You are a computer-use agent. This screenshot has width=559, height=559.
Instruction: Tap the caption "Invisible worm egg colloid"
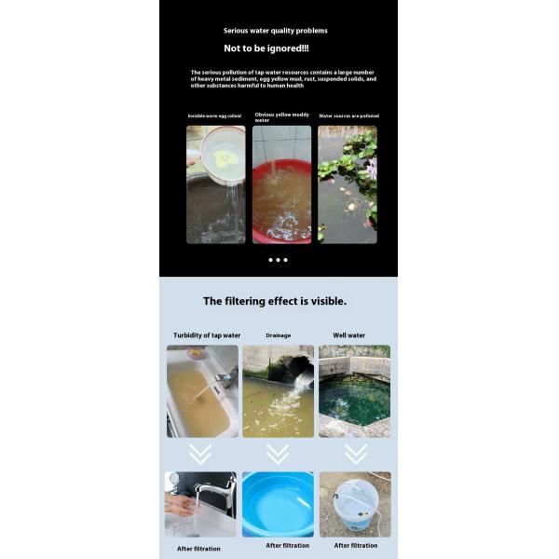216,116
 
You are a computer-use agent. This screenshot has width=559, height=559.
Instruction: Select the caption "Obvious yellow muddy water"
281,117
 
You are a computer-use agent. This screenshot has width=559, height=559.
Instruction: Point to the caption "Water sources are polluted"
348,116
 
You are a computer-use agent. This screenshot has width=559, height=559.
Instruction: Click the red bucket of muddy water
281,200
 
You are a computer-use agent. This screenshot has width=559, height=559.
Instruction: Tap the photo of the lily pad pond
348,184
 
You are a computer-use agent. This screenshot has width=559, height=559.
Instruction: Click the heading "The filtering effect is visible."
275,301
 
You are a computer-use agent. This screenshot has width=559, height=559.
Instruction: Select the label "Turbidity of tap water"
207,335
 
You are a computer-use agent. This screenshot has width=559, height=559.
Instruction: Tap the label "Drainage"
278,335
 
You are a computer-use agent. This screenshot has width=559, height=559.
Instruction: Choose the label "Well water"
348,335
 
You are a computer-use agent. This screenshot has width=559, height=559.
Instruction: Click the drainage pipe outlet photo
278,391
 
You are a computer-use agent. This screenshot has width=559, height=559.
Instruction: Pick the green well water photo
354,391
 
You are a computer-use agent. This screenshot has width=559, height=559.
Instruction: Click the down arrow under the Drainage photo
278,454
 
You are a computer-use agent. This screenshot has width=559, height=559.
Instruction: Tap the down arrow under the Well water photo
355,454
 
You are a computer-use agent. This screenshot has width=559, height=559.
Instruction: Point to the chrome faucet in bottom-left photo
216,489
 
